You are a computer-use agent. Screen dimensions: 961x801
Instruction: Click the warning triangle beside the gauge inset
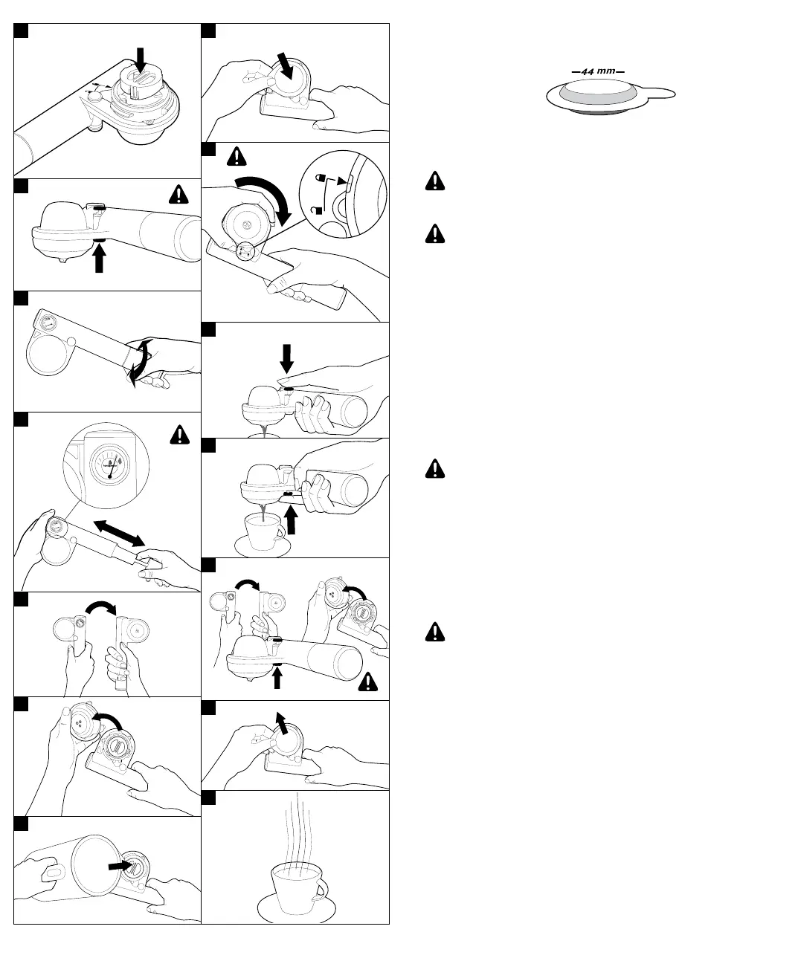(179, 433)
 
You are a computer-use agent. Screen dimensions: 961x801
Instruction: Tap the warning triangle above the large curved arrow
(237, 156)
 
